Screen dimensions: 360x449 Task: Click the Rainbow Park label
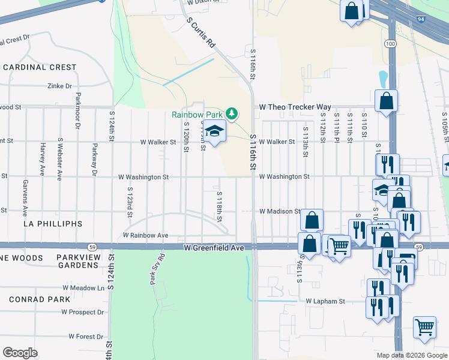[x=197, y=114]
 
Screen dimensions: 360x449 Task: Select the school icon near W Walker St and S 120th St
[x=214, y=130]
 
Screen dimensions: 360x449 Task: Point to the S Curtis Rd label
[x=201, y=32]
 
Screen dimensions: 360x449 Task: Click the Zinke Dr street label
[x=60, y=86]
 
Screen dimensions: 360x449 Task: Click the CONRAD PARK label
[x=36, y=299]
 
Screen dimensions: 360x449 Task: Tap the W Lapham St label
[x=325, y=301]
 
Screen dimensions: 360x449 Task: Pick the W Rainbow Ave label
[x=145, y=236]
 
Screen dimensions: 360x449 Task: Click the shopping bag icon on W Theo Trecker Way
[x=386, y=101]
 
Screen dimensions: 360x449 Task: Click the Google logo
[x=20, y=353]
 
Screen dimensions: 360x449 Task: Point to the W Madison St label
[x=280, y=211]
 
